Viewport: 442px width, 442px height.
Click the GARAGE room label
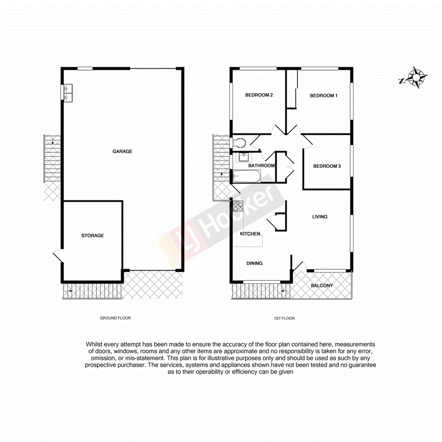(122, 152)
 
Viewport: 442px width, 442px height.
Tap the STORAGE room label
(92, 236)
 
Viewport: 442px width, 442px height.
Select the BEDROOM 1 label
(323, 96)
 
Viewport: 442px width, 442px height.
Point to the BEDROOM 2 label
(258, 95)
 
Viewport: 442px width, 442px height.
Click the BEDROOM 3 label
(327, 166)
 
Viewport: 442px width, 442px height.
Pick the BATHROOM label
(262, 166)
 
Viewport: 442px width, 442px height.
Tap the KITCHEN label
(250, 234)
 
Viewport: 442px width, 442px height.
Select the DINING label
(254, 263)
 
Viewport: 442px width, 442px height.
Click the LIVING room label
(320, 217)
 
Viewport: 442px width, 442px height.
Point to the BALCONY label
(322, 286)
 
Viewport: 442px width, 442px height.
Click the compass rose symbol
(415, 78)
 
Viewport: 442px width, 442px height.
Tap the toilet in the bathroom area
(239, 142)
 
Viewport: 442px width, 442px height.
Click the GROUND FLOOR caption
(115, 318)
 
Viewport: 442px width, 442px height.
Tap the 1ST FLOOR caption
(285, 318)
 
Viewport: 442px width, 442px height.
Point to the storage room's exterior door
(58, 256)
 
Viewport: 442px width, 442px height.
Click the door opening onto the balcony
(299, 266)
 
